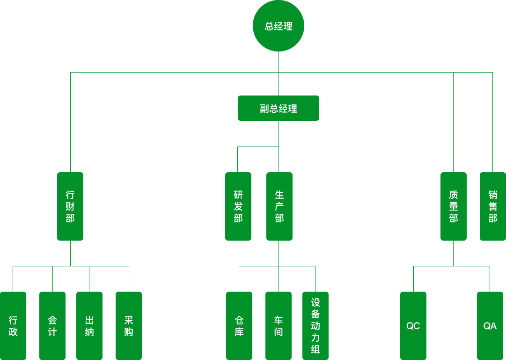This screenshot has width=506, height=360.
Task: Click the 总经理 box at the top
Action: click(278, 26)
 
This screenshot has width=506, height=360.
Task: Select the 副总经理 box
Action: click(278, 108)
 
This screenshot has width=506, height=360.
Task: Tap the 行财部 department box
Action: click(70, 206)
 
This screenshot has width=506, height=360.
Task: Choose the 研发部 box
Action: click(238, 206)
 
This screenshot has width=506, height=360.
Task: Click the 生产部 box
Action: click(279, 206)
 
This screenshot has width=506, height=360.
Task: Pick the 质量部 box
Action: click(453, 206)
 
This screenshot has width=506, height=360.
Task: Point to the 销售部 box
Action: click(492, 206)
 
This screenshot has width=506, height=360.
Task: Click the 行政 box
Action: click(13, 326)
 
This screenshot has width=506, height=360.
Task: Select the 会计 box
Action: click(52, 326)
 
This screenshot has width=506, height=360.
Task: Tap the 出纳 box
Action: click(89, 326)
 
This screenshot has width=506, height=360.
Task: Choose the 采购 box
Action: click(128, 326)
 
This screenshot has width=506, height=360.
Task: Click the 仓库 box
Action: click(239, 326)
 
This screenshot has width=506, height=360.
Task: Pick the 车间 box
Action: click(278, 326)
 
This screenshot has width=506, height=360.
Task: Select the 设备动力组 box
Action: click(315, 326)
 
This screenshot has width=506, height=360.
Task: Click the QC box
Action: click(413, 326)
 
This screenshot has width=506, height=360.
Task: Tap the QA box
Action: click(490, 326)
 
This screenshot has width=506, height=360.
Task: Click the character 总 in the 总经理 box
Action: click(269, 27)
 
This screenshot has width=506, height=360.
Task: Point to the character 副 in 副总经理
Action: click(264, 109)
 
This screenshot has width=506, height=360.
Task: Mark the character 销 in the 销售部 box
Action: click(492, 195)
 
